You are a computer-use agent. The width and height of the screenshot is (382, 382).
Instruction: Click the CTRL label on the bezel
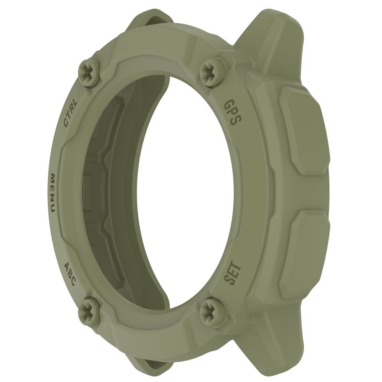[71, 112]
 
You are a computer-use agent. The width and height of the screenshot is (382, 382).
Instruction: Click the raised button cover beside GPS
[303, 130]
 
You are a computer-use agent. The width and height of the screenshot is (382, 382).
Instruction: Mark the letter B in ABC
[70, 274]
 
